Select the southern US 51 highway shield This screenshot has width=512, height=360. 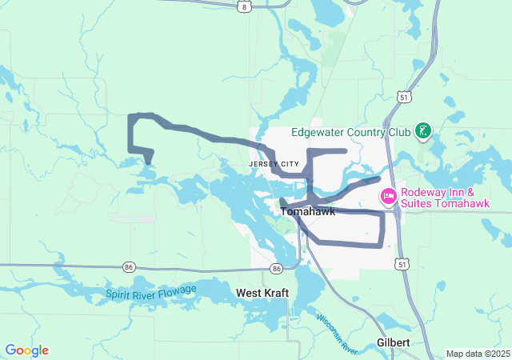401,263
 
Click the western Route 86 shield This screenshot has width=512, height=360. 129,266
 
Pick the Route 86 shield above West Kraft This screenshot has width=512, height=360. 276,268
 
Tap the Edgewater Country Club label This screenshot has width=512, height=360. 350,132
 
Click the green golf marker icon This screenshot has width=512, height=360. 423,131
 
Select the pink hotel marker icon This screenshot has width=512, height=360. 389,196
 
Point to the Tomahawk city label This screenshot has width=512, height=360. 307,212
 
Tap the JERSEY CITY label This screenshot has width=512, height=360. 273,163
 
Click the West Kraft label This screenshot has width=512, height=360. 262,293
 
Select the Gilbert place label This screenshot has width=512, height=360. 394,342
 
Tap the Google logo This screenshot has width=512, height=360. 26,350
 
